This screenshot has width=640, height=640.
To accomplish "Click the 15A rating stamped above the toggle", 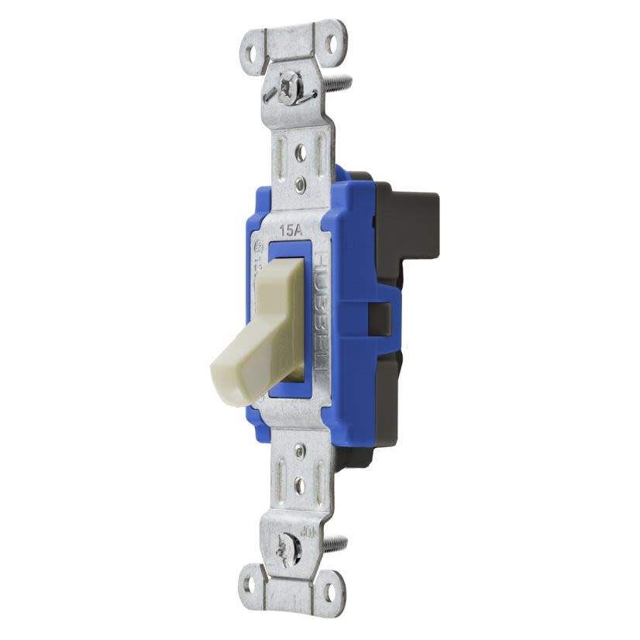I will (289, 230).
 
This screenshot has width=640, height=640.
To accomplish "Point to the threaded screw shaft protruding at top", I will (342, 79).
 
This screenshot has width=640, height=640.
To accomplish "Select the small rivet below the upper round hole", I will (299, 185).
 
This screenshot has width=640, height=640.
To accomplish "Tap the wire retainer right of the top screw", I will (309, 91).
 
